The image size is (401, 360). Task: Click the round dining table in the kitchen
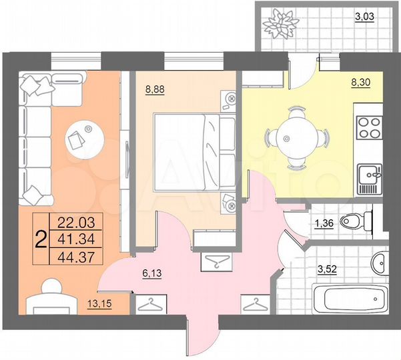287,139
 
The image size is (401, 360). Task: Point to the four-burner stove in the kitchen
369,127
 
